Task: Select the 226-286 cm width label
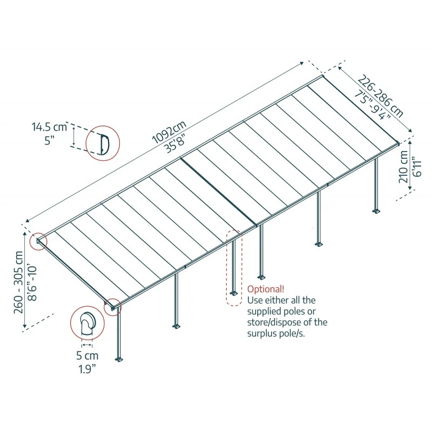381,97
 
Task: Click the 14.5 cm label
49,127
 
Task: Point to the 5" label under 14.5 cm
50,141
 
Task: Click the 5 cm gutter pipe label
87,356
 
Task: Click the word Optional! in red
265,288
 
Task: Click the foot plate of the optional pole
233,293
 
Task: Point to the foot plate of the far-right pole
376,210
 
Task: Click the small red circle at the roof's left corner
39,242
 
